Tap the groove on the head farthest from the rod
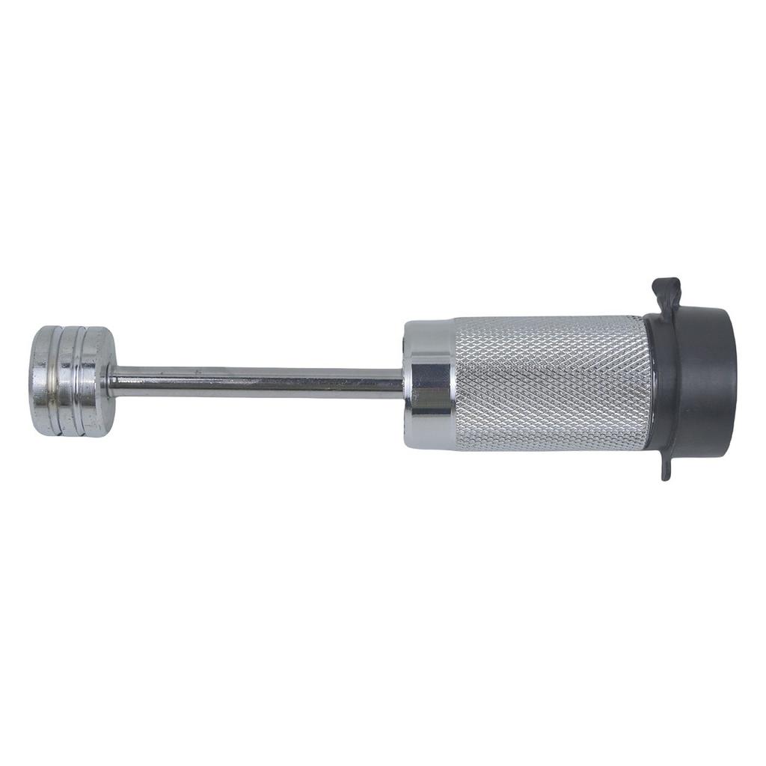[58, 380]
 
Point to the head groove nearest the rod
[85, 380]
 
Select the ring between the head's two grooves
[72, 380]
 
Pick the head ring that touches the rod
[98, 380]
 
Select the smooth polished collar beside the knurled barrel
[428, 384]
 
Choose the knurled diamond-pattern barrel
[550, 383]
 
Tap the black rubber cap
[696, 383]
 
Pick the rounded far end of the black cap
[729, 383]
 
